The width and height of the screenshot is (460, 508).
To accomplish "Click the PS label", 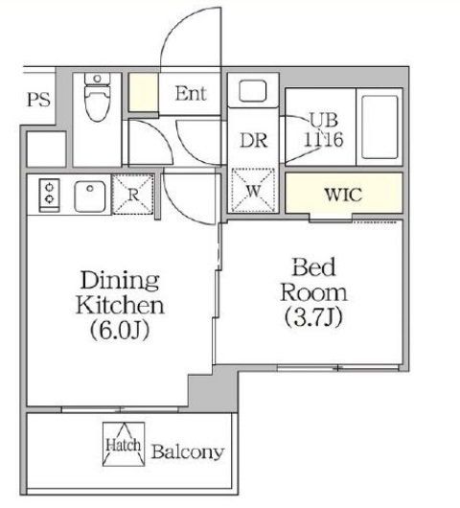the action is click(x=38, y=100).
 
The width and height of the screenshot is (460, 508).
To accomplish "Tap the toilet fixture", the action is click(x=97, y=97).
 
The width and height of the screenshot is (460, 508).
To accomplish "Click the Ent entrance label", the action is click(x=191, y=94).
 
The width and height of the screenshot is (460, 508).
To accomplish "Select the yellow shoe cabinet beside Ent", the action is click(x=144, y=93).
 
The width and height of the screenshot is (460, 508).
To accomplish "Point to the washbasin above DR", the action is click(x=253, y=91).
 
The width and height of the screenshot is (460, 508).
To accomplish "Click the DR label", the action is click(x=254, y=141).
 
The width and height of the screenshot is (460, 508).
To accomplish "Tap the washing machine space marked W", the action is click(x=253, y=191).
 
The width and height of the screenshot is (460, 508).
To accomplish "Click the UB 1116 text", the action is click(x=323, y=129).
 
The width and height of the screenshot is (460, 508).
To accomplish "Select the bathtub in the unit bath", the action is click(x=379, y=127).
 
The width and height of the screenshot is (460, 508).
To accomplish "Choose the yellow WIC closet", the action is click(x=344, y=194).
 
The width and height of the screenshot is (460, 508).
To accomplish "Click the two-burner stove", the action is click(x=49, y=196).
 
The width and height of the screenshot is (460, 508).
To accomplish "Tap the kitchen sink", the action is click(x=90, y=196).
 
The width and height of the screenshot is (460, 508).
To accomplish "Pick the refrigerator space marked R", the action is click(x=133, y=195).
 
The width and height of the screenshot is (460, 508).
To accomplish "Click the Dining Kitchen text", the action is click(x=120, y=292).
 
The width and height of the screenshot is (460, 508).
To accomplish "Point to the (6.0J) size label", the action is click(x=120, y=330).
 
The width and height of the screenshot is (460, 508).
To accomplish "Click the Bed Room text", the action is click(x=313, y=280).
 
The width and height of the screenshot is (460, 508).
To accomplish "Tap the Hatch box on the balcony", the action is click(x=124, y=444).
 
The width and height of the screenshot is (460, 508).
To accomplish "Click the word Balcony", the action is click(x=188, y=451).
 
